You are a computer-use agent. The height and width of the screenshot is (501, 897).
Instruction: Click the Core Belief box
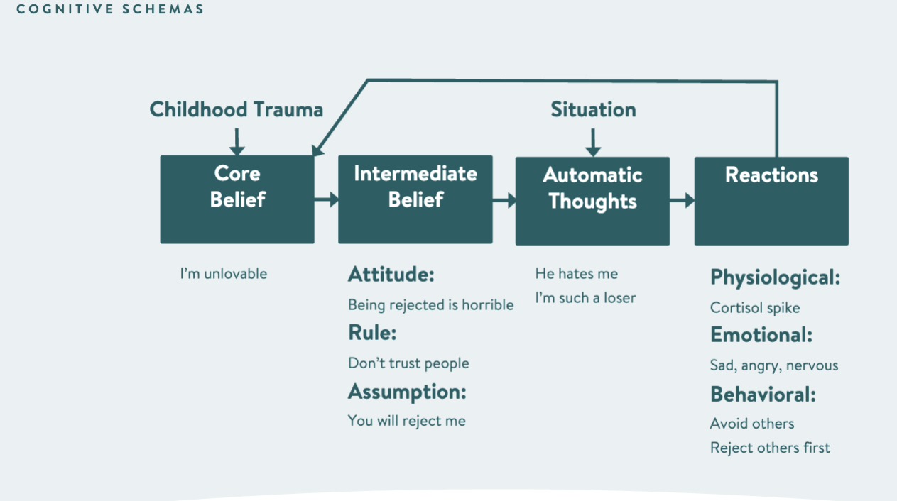coord(237,199)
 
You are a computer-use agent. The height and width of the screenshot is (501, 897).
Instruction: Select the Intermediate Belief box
coord(415,199)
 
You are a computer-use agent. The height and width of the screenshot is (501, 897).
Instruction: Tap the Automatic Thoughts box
coord(592,201)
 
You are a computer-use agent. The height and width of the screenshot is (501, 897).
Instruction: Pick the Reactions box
coord(771,201)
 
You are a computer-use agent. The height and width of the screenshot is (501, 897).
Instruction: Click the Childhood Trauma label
coord(237,109)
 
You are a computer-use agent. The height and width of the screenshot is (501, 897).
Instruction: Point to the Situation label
coord(593,109)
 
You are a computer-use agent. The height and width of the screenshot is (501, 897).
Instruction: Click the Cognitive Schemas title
coord(110,9)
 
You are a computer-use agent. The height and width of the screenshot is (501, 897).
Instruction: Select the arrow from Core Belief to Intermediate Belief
coord(326,200)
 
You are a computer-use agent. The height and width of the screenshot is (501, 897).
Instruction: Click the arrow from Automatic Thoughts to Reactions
coord(682,201)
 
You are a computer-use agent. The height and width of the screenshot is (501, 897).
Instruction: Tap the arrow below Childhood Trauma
coord(237,141)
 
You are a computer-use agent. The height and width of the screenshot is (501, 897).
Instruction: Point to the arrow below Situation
coord(593,141)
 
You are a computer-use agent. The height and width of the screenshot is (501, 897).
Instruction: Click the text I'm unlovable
coord(224,274)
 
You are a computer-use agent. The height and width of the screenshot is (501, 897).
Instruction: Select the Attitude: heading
coord(391,275)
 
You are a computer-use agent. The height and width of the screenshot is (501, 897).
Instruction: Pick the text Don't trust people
coord(408,363)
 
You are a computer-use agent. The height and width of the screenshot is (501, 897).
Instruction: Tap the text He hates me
coord(576,274)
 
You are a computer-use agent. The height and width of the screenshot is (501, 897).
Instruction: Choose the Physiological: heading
coord(775,277)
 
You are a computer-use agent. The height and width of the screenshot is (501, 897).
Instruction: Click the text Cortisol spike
coord(755,308)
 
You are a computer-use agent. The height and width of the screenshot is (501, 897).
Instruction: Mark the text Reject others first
coord(770,448)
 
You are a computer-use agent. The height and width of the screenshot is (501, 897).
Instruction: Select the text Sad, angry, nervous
coord(774,365)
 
